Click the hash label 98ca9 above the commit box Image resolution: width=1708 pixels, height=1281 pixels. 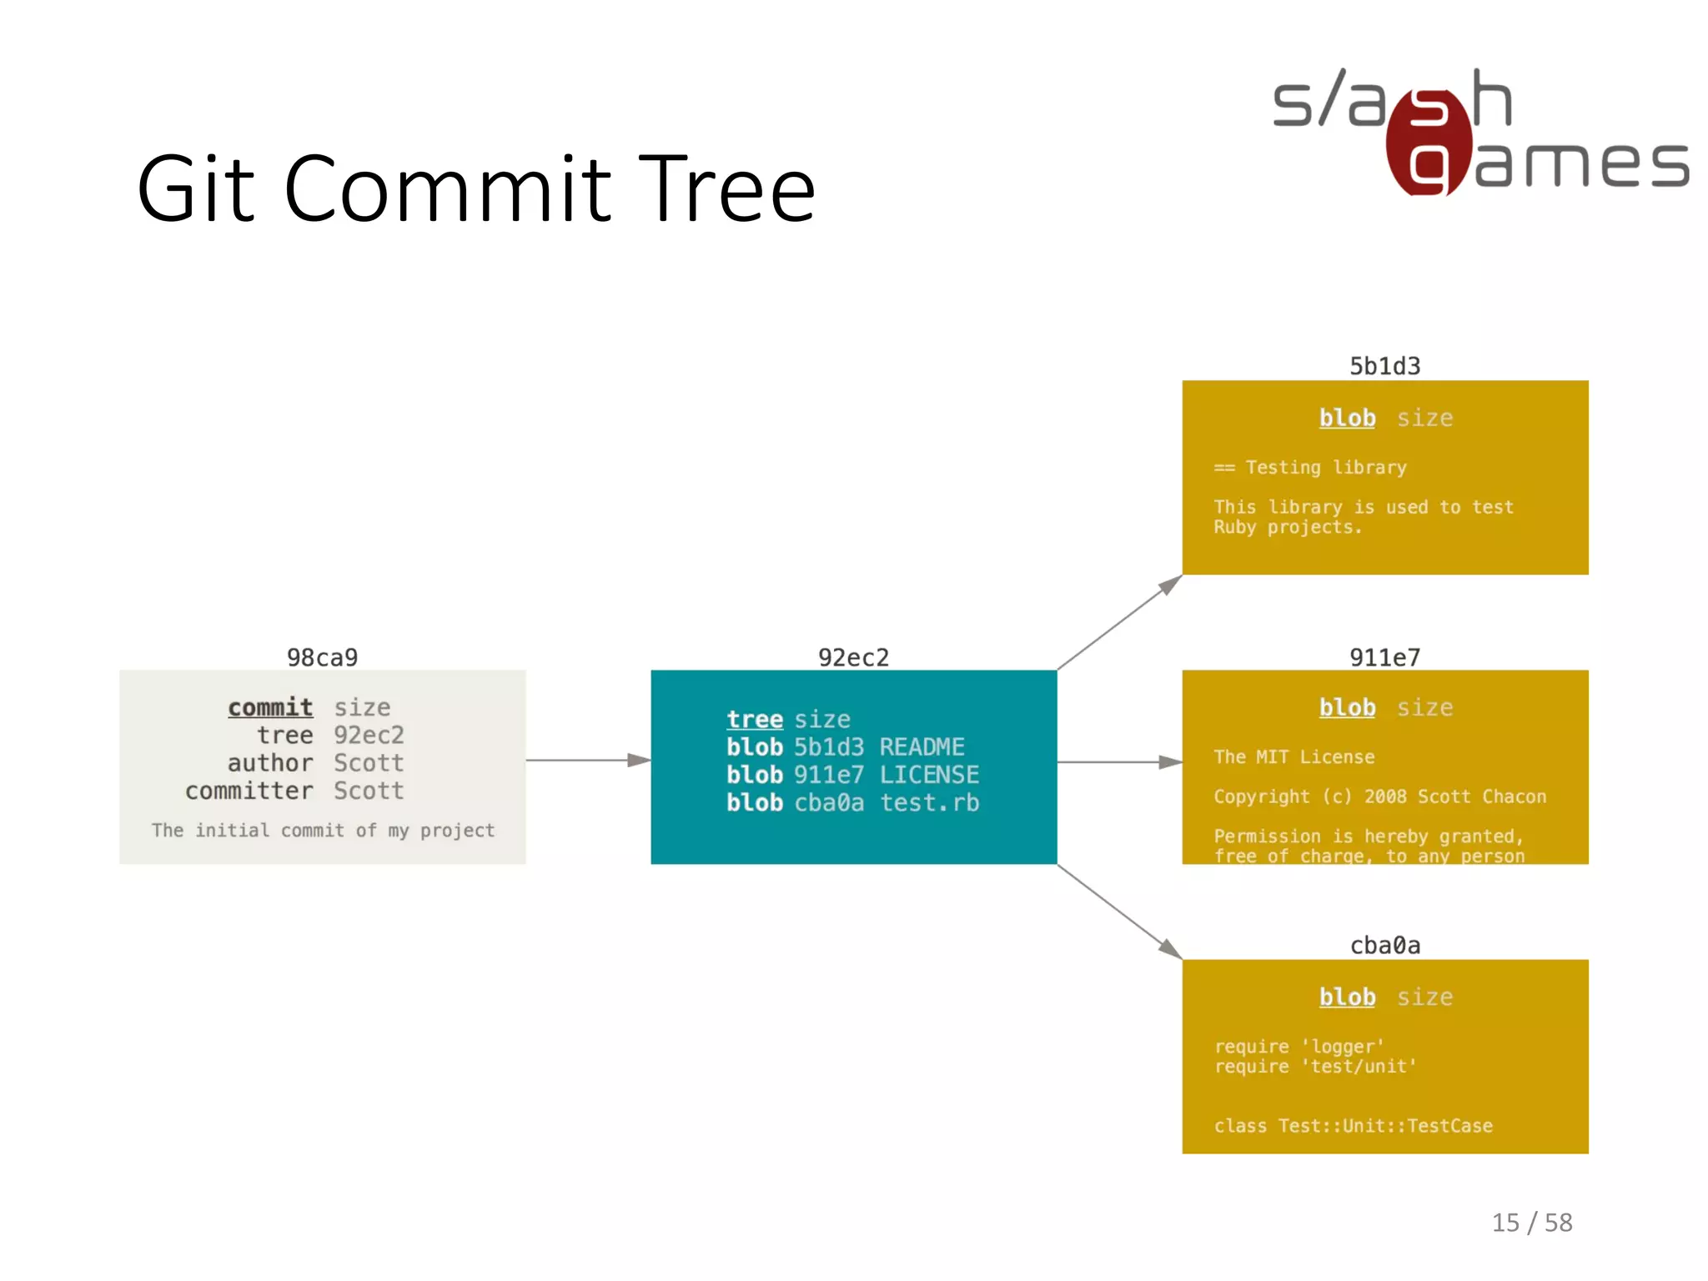click(x=322, y=657)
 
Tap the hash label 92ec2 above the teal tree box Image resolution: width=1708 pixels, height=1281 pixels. click(x=853, y=657)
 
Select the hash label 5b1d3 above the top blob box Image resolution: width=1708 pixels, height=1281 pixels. click(x=1384, y=366)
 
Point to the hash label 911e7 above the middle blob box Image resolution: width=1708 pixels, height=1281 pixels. click(x=1384, y=657)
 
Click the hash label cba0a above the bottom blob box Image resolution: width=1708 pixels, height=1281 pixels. click(x=1384, y=945)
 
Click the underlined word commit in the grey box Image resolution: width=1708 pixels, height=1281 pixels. click(x=270, y=707)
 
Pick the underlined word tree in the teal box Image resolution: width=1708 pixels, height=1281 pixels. click(x=754, y=719)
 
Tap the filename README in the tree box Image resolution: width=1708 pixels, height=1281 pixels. click(x=922, y=746)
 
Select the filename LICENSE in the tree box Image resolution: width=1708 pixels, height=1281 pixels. click(x=929, y=775)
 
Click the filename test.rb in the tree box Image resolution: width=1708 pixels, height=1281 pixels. click(x=929, y=802)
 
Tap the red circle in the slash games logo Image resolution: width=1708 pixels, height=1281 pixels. click(x=1429, y=142)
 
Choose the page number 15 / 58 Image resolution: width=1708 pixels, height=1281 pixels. click(x=1531, y=1223)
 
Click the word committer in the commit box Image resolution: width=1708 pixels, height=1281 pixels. click(x=249, y=791)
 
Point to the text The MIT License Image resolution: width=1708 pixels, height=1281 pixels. click(x=1294, y=756)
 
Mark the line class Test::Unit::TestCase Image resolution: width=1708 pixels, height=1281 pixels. click(x=1353, y=1126)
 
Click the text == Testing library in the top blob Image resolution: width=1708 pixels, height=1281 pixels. click(x=1309, y=467)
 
